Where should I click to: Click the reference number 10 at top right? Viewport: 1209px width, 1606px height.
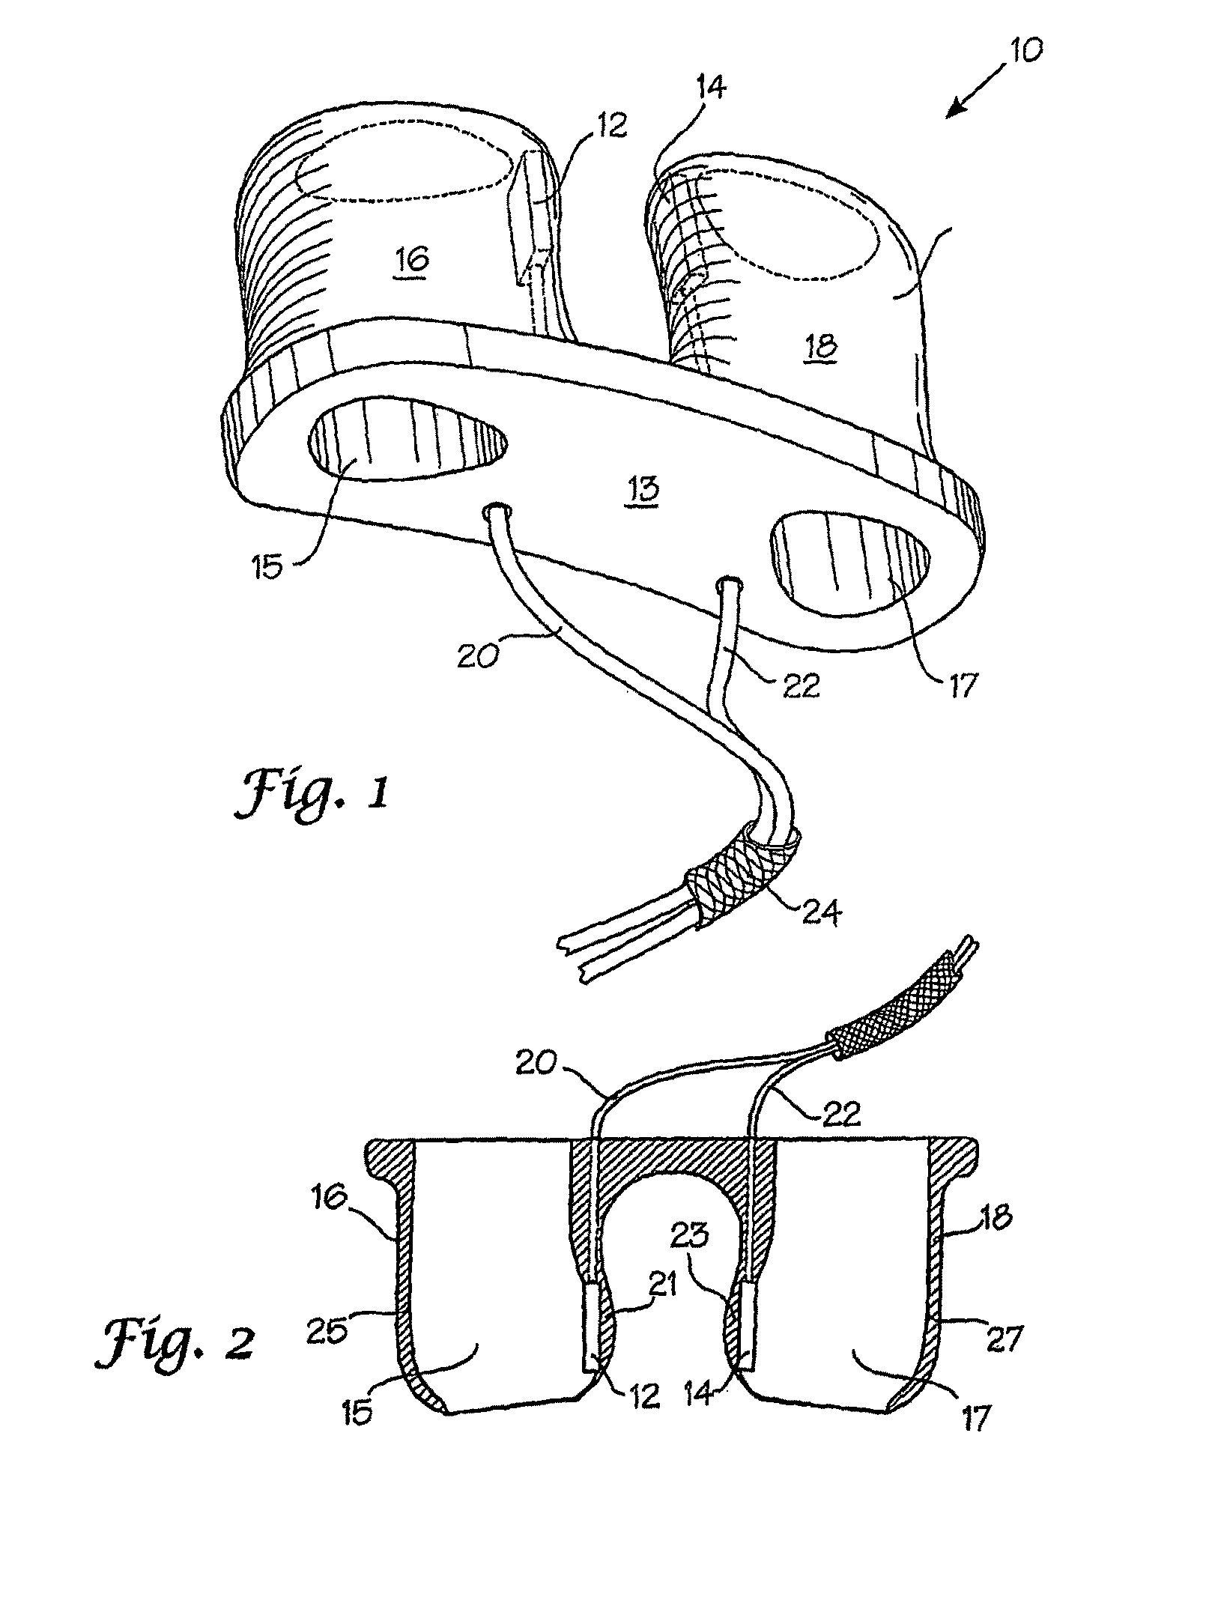[x=1024, y=51]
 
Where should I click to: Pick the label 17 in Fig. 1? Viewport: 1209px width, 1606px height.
[x=962, y=685]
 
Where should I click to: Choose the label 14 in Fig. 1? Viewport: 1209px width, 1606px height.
[x=709, y=90]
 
